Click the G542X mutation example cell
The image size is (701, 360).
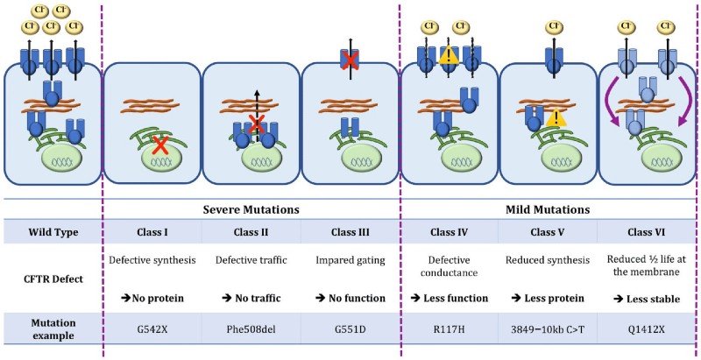click(152, 329)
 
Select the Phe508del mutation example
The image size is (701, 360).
click(251, 329)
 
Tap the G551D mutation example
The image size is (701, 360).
click(350, 329)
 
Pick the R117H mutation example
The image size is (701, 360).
click(449, 329)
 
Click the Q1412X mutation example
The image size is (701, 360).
click(647, 329)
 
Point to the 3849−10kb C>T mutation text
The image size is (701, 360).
click(548, 329)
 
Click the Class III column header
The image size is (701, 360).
click(350, 232)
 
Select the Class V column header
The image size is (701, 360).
click(548, 232)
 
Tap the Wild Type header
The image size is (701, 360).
click(53, 232)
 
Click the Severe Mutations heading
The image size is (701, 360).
click(251, 209)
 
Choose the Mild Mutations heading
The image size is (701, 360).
click(548, 209)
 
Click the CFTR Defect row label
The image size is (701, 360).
click(53, 279)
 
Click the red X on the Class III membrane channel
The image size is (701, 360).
click(350, 61)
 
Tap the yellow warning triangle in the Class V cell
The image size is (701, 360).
click(556, 117)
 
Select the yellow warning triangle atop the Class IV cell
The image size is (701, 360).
click(450, 57)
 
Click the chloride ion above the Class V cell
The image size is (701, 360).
click(554, 27)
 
